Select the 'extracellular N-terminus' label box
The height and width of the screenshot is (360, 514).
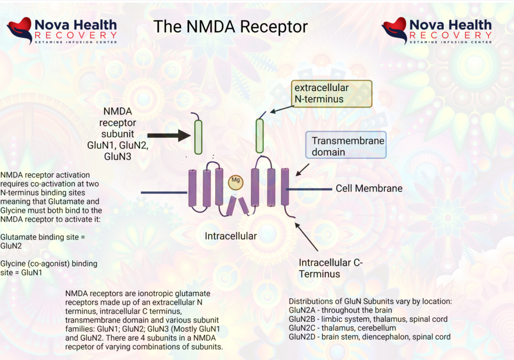(333, 93)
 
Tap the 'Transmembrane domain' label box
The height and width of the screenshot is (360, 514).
(346, 146)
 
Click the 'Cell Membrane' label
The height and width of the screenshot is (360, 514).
(369, 189)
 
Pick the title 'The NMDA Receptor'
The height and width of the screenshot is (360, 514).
(230, 27)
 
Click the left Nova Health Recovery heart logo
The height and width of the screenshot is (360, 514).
(20, 30)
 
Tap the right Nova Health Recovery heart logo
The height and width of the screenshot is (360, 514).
(394, 30)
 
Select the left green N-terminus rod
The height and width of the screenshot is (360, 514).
(198, 136)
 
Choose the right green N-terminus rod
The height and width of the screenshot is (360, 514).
(260, 136)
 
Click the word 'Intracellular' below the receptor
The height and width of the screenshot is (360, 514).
(231, 236)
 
